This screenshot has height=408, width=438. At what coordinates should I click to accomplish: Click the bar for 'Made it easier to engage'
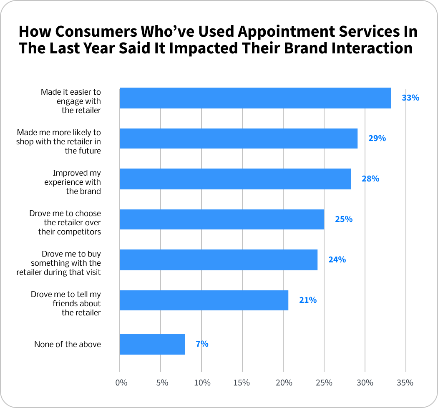255,98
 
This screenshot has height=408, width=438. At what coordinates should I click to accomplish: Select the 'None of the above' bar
152,344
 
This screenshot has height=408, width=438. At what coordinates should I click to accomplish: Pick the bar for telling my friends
204,300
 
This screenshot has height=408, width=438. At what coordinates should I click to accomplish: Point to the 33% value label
410,98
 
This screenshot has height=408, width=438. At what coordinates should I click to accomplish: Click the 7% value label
202,344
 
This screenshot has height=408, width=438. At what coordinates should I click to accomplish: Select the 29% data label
377,138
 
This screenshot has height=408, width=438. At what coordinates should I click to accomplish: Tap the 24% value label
337,259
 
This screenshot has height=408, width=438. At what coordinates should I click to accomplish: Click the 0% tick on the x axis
121,383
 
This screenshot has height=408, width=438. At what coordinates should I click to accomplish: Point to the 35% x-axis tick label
405,383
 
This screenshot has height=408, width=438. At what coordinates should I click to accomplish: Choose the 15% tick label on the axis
242,383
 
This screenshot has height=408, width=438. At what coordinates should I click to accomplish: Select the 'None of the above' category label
68,344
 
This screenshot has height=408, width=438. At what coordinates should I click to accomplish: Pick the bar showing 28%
235,179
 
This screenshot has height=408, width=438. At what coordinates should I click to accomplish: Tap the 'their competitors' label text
70,231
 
